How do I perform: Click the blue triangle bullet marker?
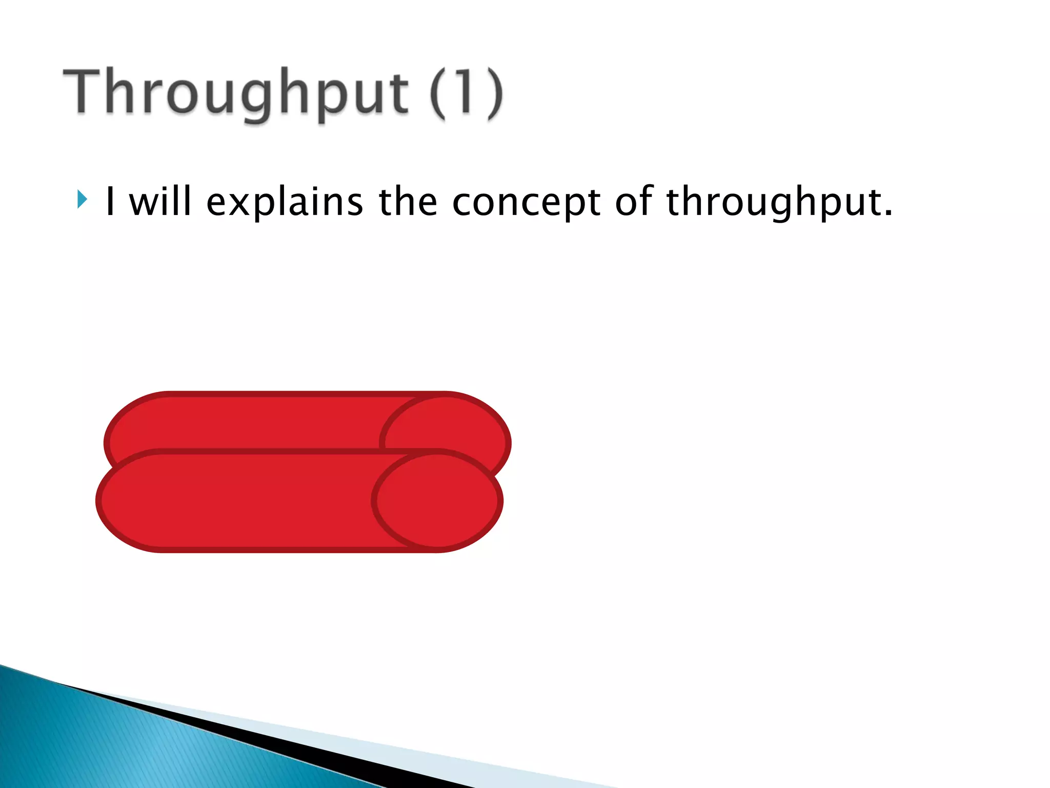pyautogui.click(x=82, y=199)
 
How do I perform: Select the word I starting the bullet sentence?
pyautogui.click(x=110, y=201)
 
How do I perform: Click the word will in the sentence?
pyautogui.click(x=160, y=201)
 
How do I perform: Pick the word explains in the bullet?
pyautogui.click(x=285, y=202)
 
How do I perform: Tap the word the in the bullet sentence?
pyautogui.click(x=408, y=201)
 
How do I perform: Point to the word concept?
pyautogui.click(x=526, y=202)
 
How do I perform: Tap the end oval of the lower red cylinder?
pyautogui.click(x=437, y=501)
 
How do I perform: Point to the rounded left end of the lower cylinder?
pyautogui.click(x=123, y=501)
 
